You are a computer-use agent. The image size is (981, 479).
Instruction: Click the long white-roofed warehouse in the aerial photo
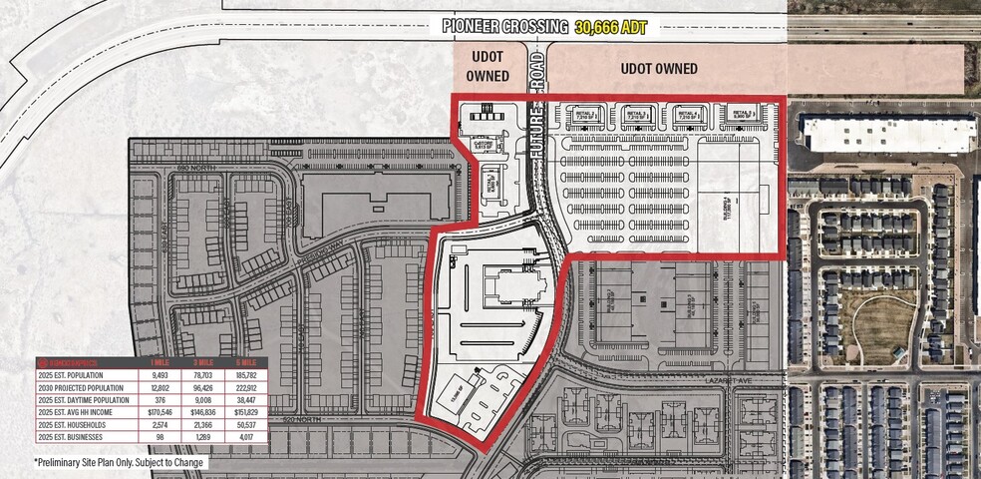[x=887, y=134]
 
